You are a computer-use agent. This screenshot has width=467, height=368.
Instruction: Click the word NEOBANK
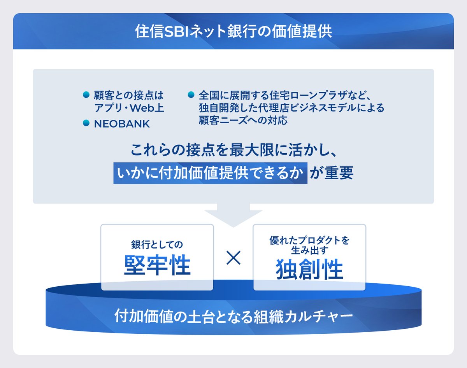pos(122,124)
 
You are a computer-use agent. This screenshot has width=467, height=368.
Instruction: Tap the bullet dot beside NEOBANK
pos(87,123)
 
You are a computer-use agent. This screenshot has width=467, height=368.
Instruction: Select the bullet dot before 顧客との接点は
pos(87,95)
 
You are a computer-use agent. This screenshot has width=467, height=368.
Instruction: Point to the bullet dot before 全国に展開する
pos(191,95)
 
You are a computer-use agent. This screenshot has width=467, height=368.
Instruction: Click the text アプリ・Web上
pos(129,108)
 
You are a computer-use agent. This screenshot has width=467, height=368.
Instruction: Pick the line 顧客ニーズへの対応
pos(243,120)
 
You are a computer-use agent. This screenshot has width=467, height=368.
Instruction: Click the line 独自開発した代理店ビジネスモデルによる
pos(291,108)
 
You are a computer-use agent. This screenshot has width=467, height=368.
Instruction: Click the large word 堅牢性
pos(157,266)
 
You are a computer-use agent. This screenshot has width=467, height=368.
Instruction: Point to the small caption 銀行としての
pos(157,245)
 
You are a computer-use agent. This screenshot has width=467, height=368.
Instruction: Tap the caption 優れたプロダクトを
pos(309,240)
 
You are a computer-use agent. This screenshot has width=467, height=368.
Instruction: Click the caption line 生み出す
pos(309,251)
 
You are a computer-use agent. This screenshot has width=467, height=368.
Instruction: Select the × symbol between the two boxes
pos(233,258)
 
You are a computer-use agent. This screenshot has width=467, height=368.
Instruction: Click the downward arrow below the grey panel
pos(233,217)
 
